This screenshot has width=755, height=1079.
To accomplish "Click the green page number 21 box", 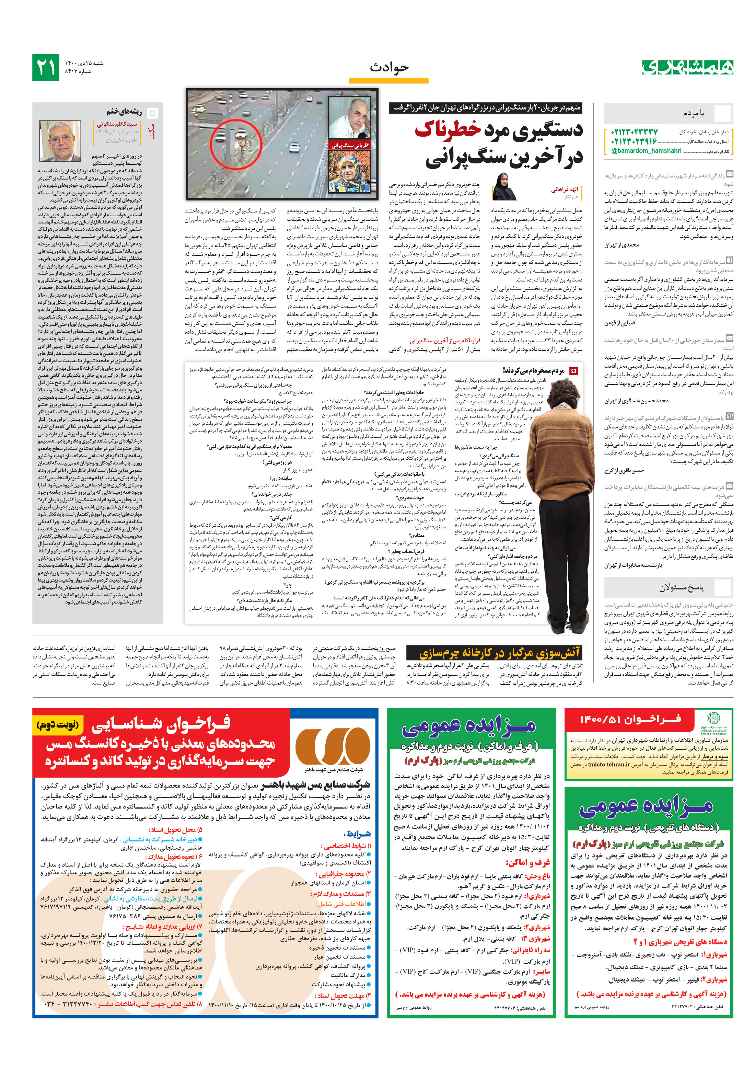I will tap(46, 67).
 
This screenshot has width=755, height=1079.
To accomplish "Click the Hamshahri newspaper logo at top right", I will tap(687, 67).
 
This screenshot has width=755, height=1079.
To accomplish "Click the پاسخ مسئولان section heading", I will tap(681, 587).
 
